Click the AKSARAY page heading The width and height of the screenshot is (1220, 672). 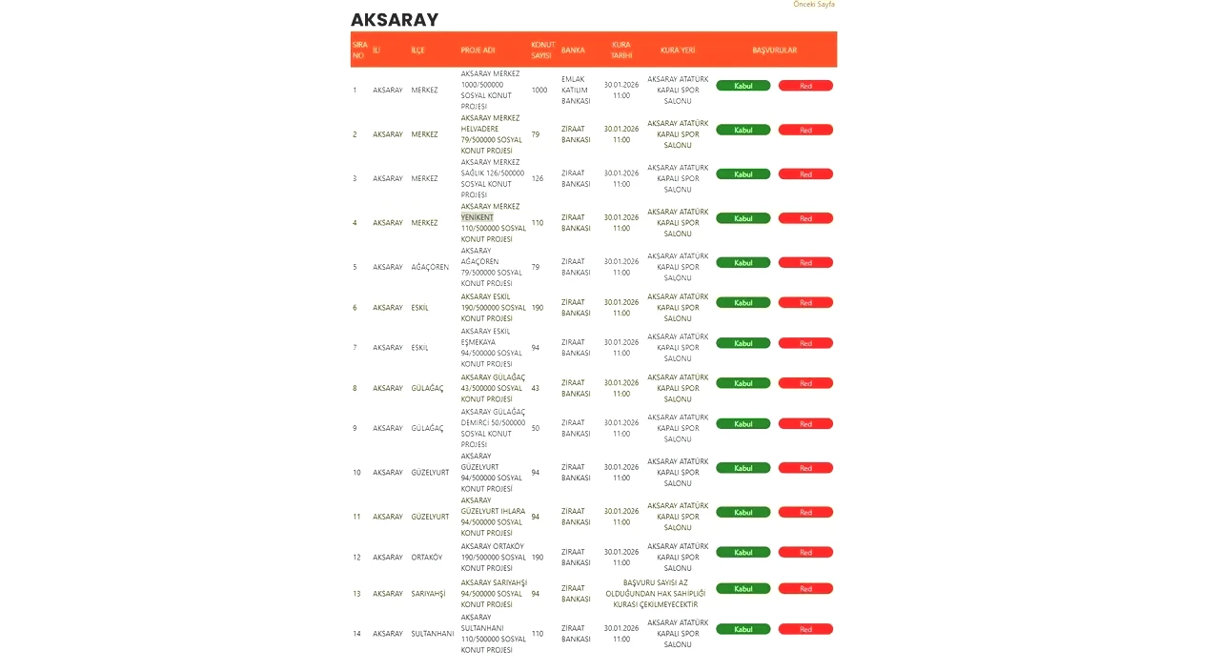tap(395, 20)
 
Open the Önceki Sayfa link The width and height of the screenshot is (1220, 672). tap(813, 5)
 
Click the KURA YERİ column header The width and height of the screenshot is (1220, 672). tap(678, 50)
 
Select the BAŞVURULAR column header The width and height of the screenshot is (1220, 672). tap(774, 50)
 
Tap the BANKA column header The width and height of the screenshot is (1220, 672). tap(573, 50)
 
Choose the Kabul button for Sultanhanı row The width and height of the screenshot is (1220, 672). tap(742, 629)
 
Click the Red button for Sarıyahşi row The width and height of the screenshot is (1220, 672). tap(805, 589)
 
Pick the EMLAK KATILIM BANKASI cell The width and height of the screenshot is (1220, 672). tap(576, 90)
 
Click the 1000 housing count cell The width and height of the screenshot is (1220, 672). tap(539, 90)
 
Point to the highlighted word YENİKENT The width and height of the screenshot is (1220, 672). tap(478, 217)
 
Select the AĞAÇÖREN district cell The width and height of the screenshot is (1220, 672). tap(430, 267)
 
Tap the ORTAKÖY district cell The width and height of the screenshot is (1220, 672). tap(426, 558)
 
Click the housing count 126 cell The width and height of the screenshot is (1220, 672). tap(538, 178)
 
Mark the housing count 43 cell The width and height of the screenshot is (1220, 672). tap(536, 388)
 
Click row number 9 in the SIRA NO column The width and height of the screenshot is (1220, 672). tap(356, 428)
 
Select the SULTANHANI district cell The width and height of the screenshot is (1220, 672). tap(433, 634)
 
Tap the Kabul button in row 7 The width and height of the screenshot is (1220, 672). tap(742, 343)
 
